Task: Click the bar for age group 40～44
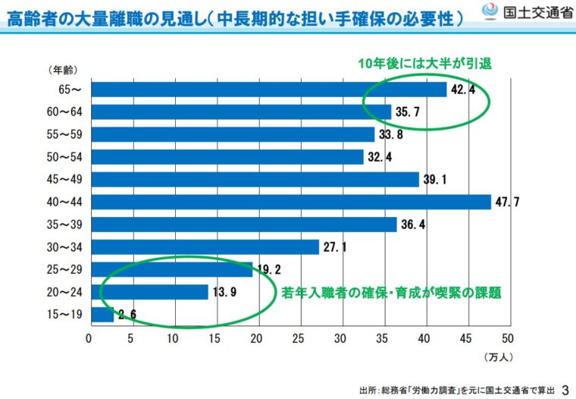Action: [x=290, y=202]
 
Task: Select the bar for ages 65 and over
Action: [x=268, y=90]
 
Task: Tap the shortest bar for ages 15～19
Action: [x=102, y=314]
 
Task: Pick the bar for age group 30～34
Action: [x=205, y=247]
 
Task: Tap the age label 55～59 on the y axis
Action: [x=64, y=135]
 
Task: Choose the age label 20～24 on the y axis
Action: [x=64, y=292]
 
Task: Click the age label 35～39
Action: [x=64, y=225]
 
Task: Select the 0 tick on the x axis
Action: [x=90, y=338]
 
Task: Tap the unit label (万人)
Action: [x=499, y=355]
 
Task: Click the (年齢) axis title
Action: [x=60, y=71]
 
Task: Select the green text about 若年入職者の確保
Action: [x=392, y=291]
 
